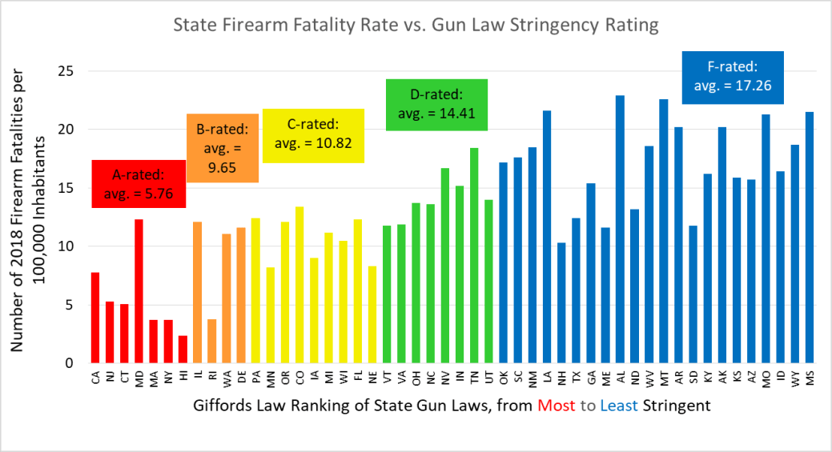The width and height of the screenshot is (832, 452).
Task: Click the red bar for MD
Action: pyautogui.click(x=139, y=291)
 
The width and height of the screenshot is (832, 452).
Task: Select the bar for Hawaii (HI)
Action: pyautogui.click(x=183, y=350)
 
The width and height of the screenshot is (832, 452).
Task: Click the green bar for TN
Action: pyautogui.click(x=474, y=256)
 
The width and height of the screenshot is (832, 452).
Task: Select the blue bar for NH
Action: pyautogui.click(x=561, y=303)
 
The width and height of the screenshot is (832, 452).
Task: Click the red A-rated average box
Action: pyautogui.click(x=139, y=184)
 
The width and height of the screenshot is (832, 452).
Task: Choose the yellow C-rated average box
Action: pyautogui.click(x=313, y=134)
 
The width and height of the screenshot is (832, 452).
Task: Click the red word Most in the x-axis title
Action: pyautogui.click(x=556, y=406)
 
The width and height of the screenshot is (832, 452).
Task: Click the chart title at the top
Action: pyautogui.click(x=416, y=26)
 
